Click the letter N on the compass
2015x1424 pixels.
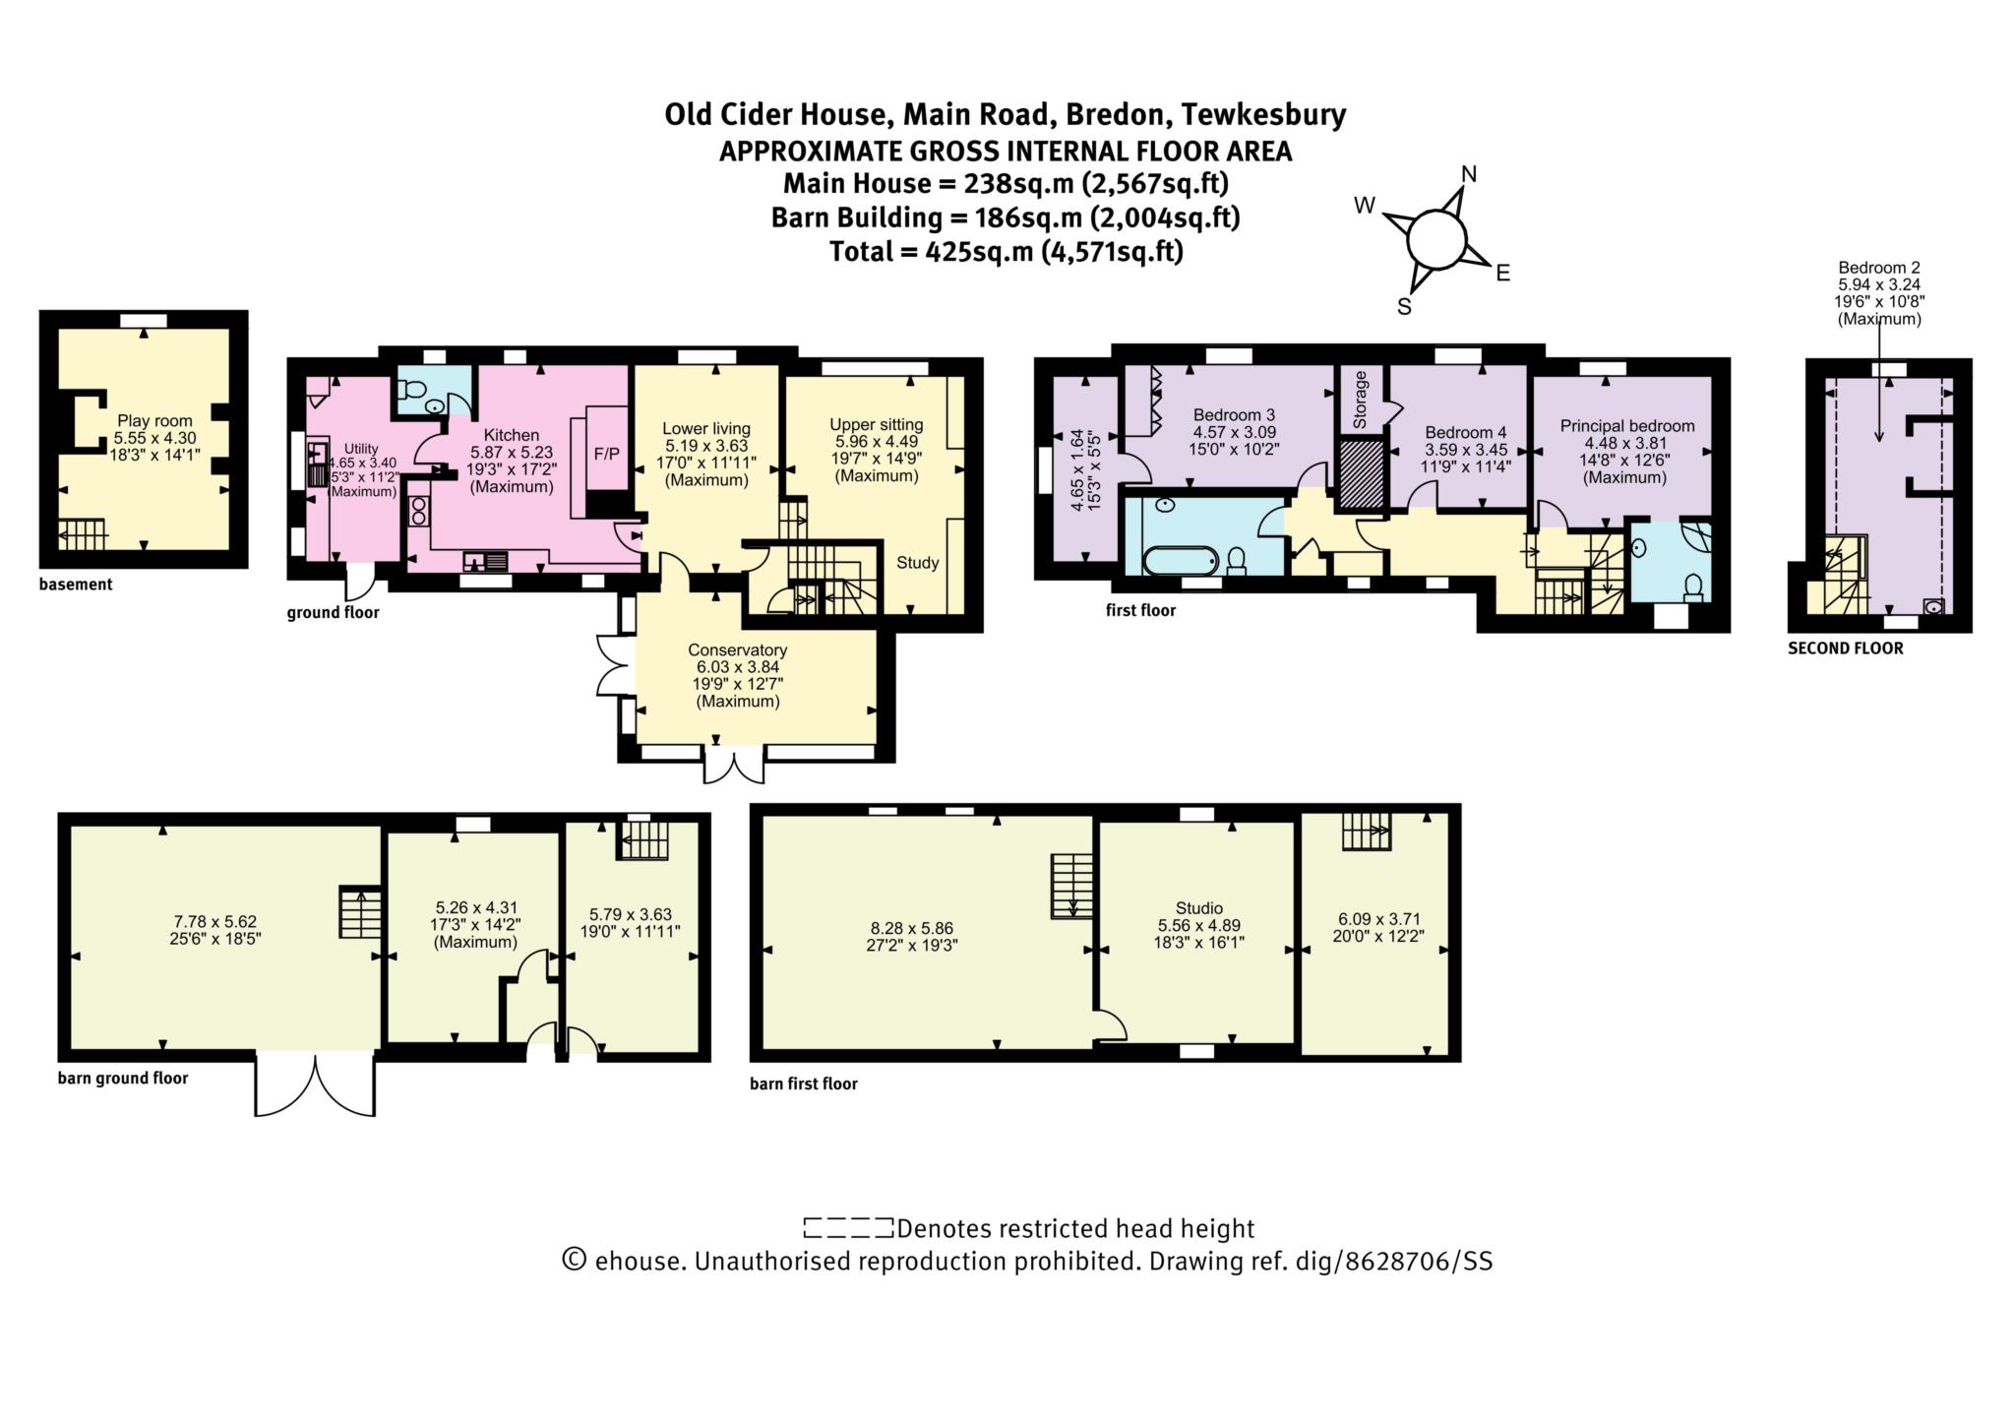1469,174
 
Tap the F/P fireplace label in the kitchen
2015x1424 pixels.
606,454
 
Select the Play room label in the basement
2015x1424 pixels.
154,421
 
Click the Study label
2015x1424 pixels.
917,563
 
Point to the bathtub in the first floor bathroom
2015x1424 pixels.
1181,560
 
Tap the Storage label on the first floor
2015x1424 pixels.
1360,400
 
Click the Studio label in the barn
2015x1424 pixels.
1198,908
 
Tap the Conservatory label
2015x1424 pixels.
737,650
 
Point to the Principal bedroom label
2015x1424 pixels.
1626,426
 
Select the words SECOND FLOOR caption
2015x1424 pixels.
1845,649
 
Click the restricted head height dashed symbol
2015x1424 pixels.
847,1228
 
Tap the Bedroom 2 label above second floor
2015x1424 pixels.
1878,268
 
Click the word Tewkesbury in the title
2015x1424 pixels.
1262,115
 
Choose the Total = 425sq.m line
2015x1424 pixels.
1006,252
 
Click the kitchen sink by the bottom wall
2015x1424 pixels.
485,562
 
